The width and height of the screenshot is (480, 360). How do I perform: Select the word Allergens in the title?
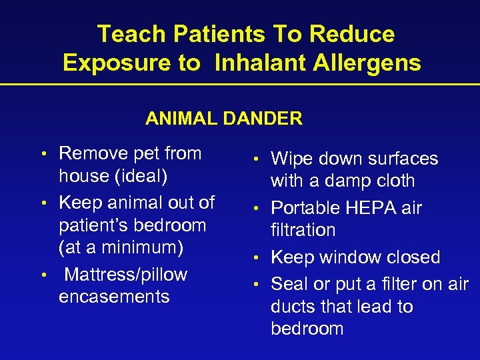(363, 63)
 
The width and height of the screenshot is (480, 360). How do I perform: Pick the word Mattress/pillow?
(126, 275)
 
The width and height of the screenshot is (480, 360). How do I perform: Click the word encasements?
(114, 297)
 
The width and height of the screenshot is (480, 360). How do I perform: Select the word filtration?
(303, 230)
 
